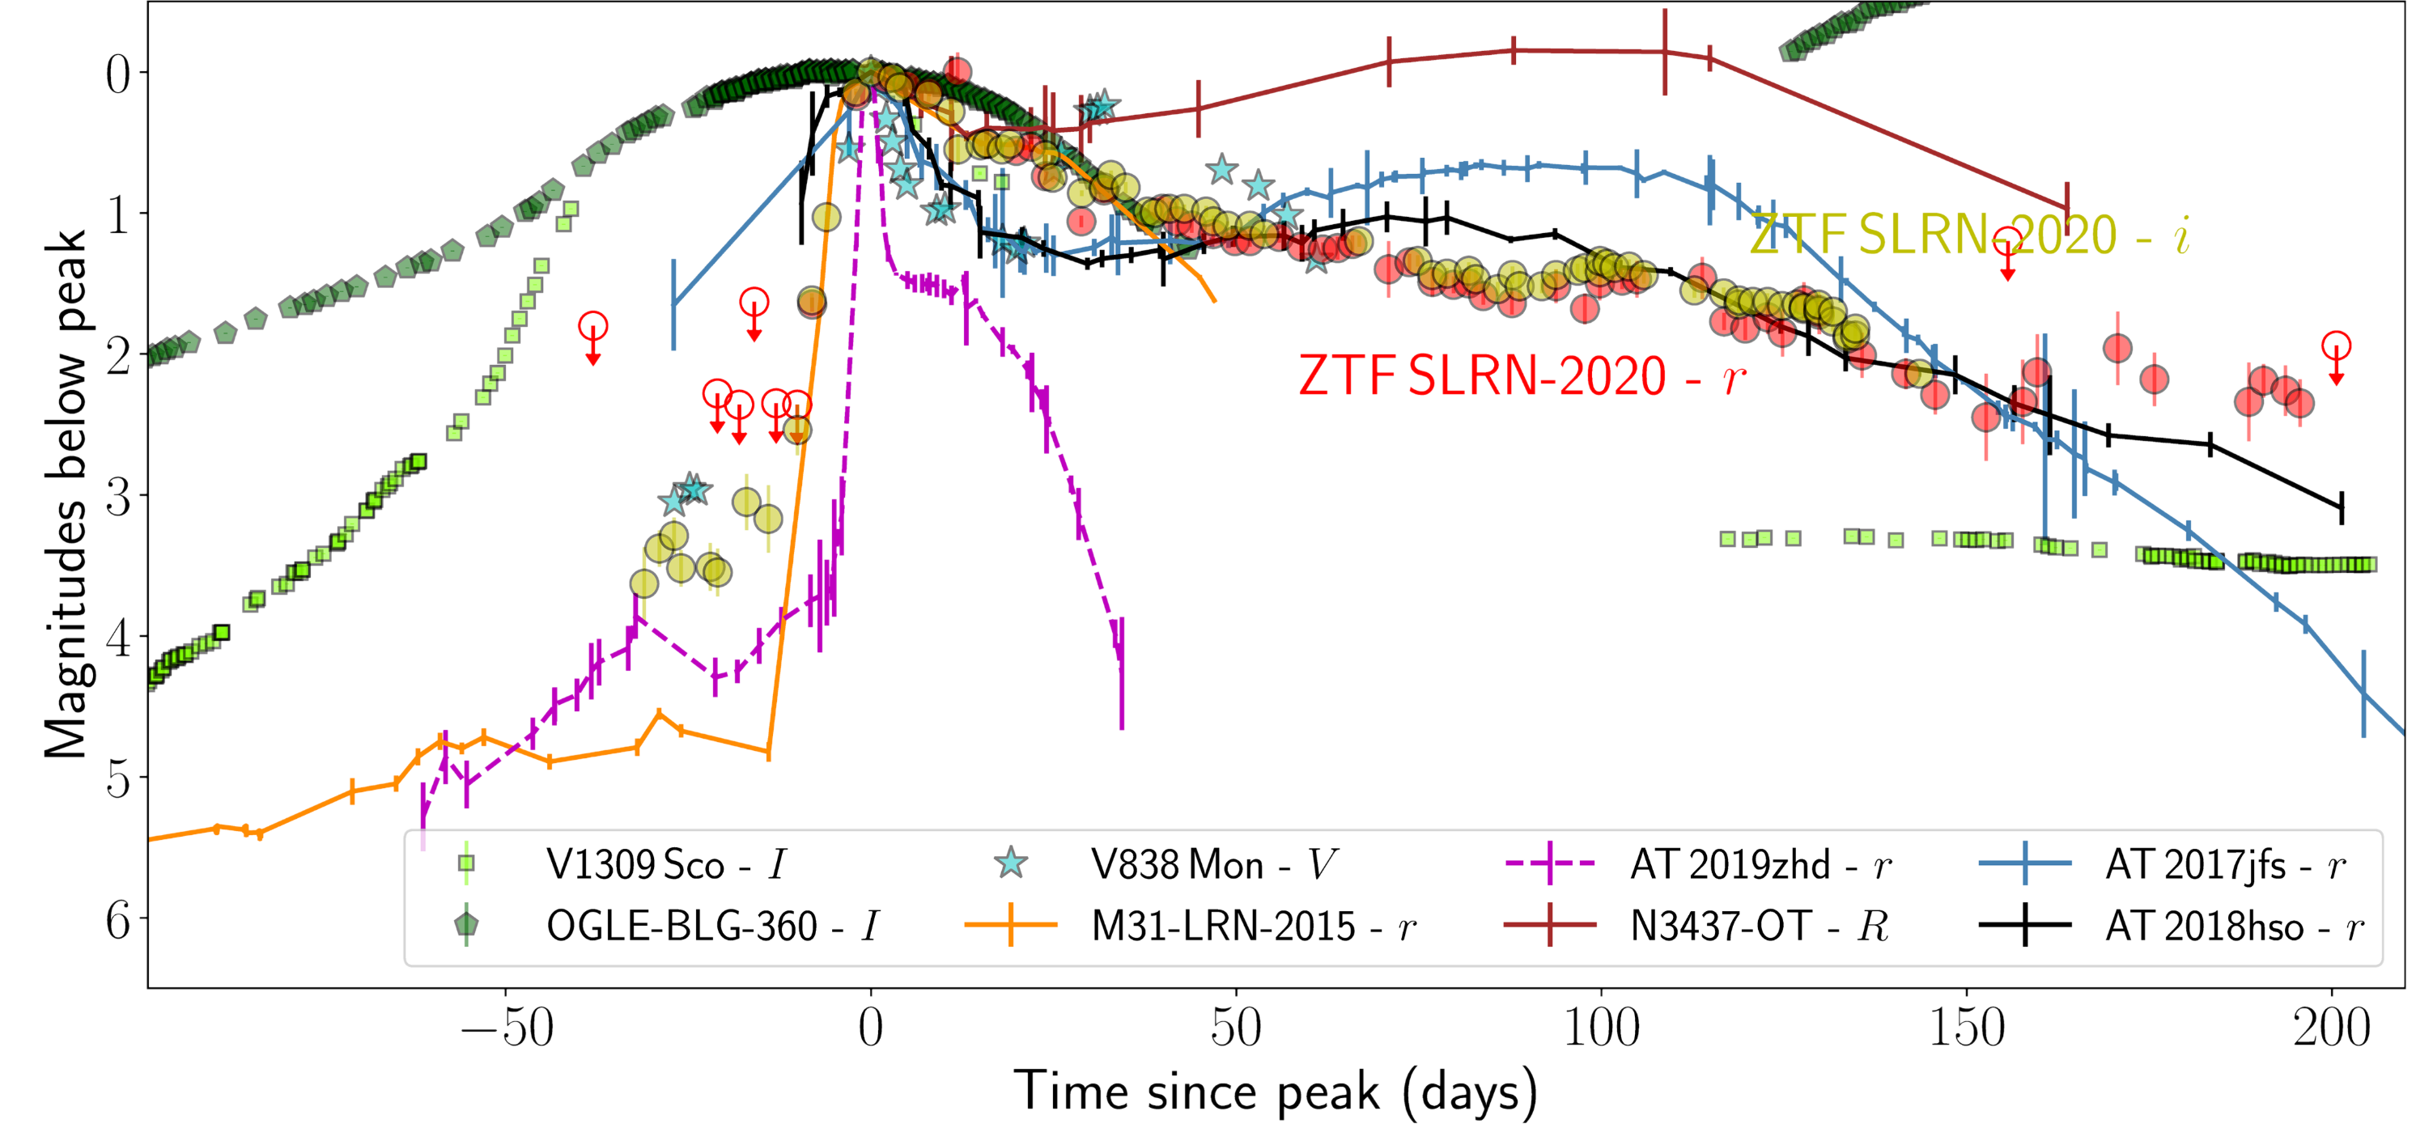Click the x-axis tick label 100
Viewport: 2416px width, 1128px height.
pos(1602,1028)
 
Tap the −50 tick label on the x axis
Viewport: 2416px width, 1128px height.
pos(507,1028)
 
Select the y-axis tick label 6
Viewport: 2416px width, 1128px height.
pos(118,919)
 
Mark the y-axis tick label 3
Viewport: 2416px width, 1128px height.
pos(118,496)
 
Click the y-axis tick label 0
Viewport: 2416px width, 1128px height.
pos(118,73)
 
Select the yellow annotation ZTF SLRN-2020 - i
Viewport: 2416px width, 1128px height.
pos(1969,235)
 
